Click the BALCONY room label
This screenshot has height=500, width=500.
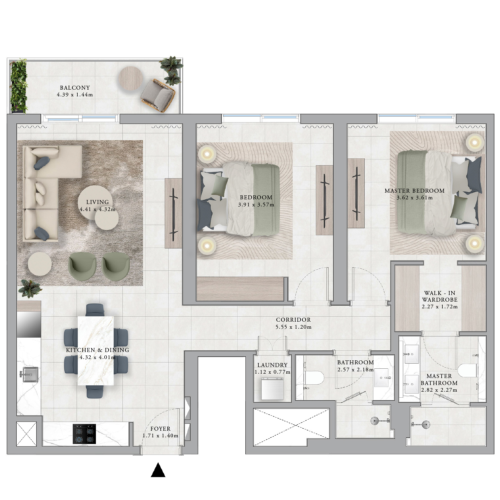[x=75, y=88]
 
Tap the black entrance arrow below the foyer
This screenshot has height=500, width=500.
[x=158, y=470]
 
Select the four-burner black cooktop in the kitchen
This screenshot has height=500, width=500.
[x=84, y=434]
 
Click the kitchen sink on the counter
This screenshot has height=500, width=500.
[x=29, y=375]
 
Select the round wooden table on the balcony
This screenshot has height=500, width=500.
[x=131, y=79]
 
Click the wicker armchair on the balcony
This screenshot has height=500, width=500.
[x=158, y=95]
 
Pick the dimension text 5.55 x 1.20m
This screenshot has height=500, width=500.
[x=293, y=327]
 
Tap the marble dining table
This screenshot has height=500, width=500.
[x=95, y=351]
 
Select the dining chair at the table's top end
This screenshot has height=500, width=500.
[x=95, y=310]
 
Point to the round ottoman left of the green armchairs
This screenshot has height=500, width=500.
[x=40, y=264]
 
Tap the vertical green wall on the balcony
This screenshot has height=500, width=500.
[x=19, y=86]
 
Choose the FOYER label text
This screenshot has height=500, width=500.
[x=160, y=429]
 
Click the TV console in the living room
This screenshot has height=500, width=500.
[x=173, y=213]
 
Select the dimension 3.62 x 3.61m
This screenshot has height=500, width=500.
[x=415, y=198]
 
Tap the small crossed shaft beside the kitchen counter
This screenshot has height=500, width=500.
[x=26, y=433]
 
